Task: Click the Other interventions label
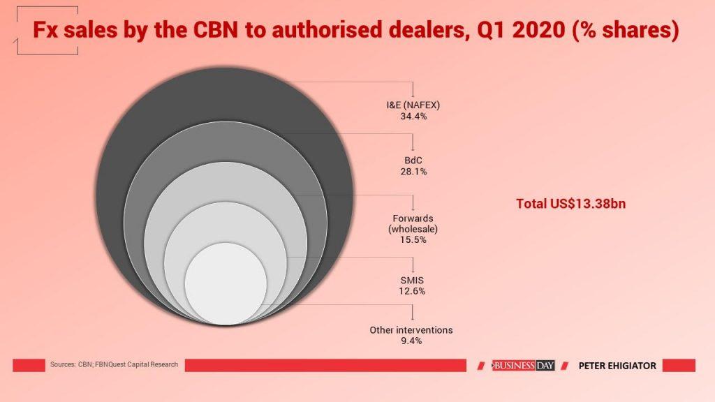pyautogui.click(x=411, y=329)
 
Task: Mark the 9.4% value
pyautogui.click(x=411, y=341)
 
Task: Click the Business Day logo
pyautogui.click(x=523, y=365)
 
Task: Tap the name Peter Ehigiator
pyautogui.click(x=617, y=365)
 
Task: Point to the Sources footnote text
pyautogui.click(x=114, y=364)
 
